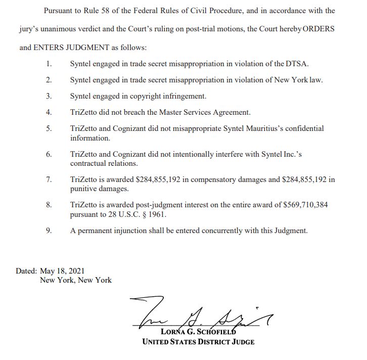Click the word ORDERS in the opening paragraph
pos(318,29)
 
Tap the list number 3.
pos(49,96)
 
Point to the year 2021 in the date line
pos(83,271)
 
